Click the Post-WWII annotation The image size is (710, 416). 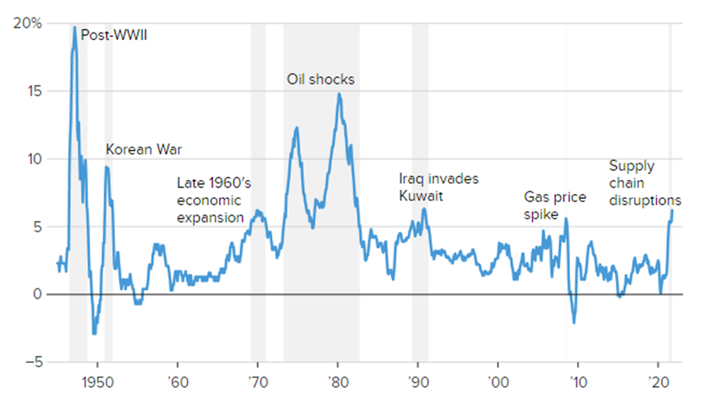(x=113, y=35)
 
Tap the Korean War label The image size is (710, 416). (x=143, y=149)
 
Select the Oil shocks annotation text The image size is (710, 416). (x=321, y=79)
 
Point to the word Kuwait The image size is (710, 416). (x=420, y=196)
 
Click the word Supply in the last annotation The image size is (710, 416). (x=632, y=166)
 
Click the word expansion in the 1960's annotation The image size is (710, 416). (x=210, y=218)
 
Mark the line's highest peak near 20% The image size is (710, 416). (x=74, y=27)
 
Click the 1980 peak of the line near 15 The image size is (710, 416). (x=339, y=94)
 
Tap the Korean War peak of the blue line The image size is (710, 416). (x=107, y=167)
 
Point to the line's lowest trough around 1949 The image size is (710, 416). (x=94, y=334)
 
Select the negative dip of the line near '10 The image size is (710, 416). (x=574, y=323)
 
